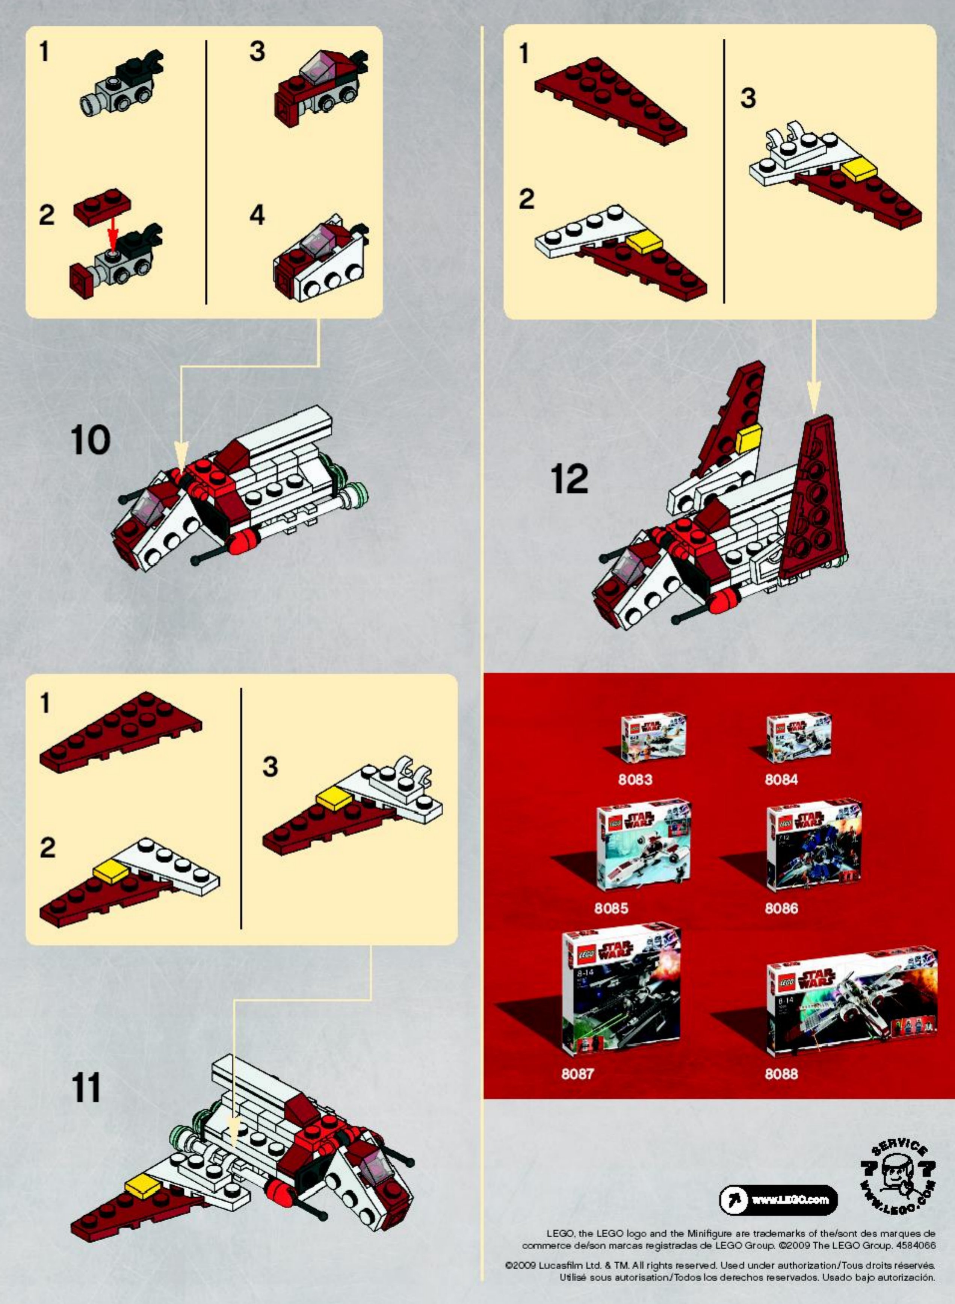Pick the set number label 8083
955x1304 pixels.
click(x=635, y=779)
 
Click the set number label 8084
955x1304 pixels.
click(x=781, y=779)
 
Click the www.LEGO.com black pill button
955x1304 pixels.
click(x=778, y=1200)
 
